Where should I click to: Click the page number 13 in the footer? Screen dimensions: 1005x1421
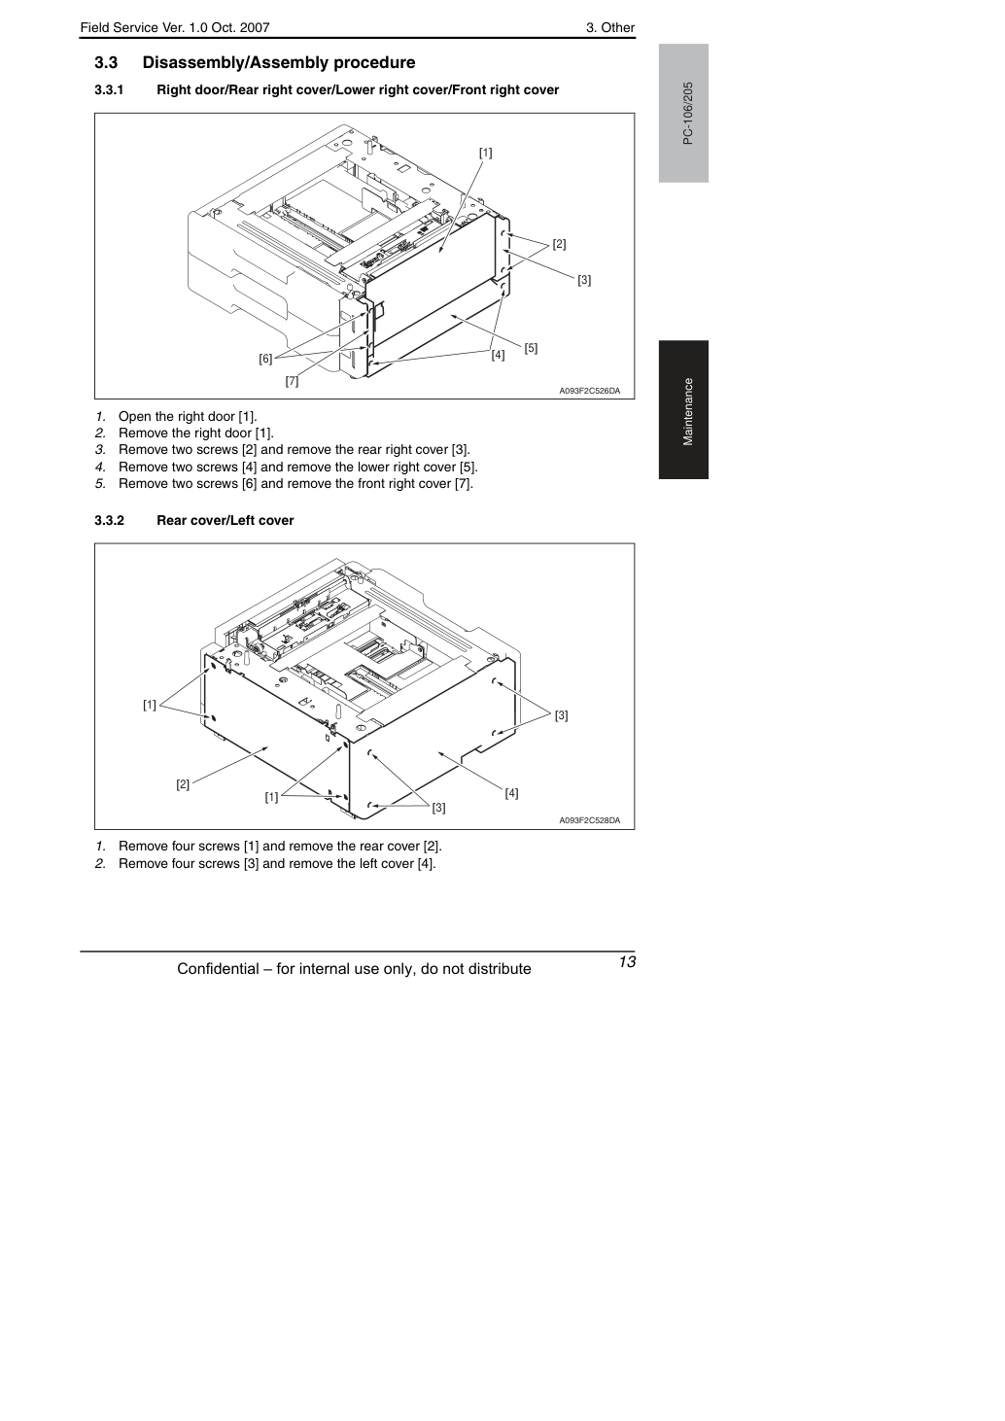pos(627,961)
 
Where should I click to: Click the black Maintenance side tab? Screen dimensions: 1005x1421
pos(683,410)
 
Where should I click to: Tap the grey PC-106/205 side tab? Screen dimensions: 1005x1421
pos(683,113)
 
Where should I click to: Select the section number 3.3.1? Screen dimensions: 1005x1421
pos(109,90)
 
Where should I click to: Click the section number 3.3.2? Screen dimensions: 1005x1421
pos(109,520)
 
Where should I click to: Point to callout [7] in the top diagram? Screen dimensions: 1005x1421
pos(292,381)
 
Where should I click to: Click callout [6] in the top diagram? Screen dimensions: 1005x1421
pos(265,359)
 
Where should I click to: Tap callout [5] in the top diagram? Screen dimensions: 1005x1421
pos(531,348)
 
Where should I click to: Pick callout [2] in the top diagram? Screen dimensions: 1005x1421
pos(559,244)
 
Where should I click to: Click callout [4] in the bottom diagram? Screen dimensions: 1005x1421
pos(511,793)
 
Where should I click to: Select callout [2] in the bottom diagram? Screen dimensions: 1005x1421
pos(183,784)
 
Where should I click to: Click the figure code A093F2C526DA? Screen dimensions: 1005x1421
pos(589,391)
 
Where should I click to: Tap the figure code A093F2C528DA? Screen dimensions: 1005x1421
pos(589,820)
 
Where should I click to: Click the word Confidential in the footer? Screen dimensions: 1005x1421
pos(218,969)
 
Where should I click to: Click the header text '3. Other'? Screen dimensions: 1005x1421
pos(610,28)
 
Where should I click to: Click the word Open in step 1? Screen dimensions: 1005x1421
pos(133,417)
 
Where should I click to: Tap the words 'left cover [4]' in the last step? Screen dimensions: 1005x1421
pos(396,863)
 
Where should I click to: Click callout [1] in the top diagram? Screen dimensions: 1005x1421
pos(485,153)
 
